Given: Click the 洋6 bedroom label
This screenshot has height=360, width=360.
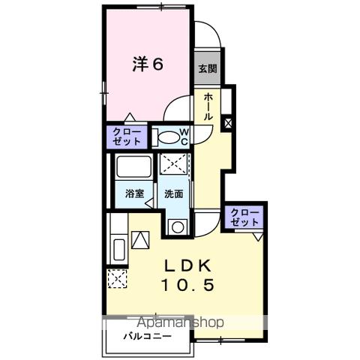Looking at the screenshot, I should (148, 64).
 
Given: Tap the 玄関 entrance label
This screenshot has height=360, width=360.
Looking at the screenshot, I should (208, 68).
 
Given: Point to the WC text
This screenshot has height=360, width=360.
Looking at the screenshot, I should (184, 137).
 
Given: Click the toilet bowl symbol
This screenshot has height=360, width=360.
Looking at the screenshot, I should (169, 138).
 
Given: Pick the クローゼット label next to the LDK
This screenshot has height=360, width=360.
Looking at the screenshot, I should (247, 217).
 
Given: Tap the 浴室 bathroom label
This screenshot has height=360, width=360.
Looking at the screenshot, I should (133, 193).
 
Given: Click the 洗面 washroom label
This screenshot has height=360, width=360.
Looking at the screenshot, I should (173, 193).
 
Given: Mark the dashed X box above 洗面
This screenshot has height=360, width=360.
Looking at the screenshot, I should (174, 164).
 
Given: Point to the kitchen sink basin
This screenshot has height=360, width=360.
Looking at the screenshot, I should (118, 249).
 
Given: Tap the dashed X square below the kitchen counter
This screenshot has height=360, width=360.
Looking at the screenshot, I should (117, 278).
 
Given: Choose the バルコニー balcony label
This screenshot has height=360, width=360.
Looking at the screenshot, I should (148, 336).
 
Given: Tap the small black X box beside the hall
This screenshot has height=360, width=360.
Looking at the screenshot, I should (228, 121).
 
